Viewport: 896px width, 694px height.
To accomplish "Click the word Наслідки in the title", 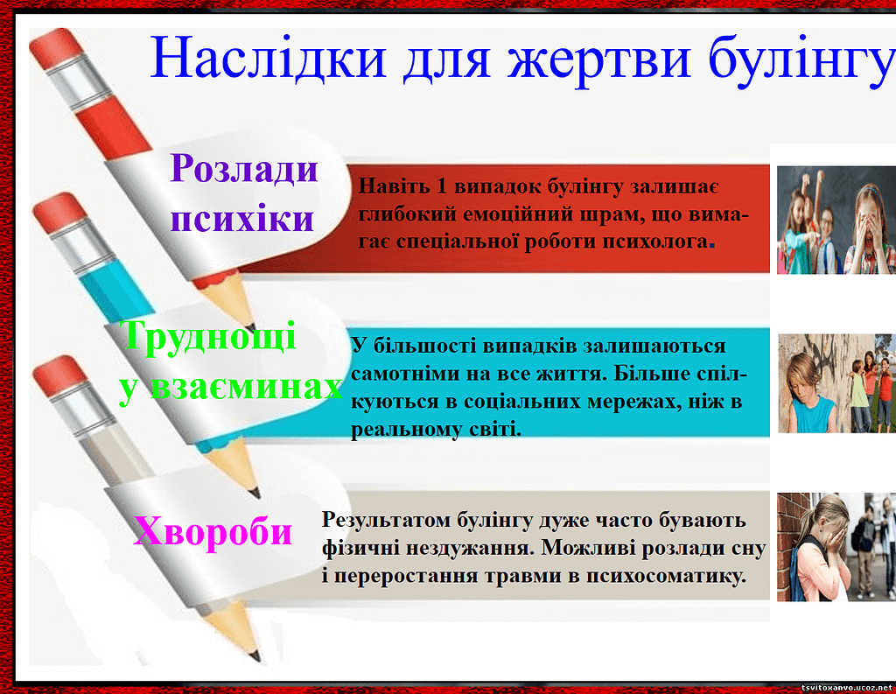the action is (268, 57).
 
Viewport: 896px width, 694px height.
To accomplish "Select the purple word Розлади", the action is (244, 169).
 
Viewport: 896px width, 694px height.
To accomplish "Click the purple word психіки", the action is (243, 219).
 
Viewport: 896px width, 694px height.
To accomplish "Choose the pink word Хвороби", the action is (213, 531).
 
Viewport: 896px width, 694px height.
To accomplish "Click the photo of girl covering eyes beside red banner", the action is (836, 220).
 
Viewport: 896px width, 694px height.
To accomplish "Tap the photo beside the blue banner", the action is (836, 383).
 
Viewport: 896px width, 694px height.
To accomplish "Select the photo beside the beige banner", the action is (836, 547).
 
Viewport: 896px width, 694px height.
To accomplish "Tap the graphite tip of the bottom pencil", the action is (255, 655).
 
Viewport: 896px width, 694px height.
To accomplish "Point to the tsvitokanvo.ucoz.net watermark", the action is (847, 687).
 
